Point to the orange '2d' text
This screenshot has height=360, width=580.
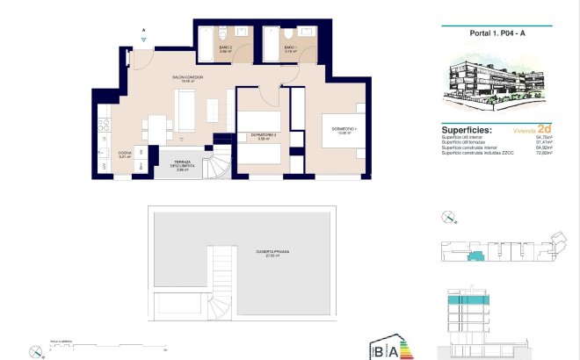pyautogui.click(x=544, y=126)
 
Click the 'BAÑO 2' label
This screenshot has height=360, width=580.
pyautogui.click(x=199, y=50)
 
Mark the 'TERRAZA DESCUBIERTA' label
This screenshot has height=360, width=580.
pyautogui.click(x=181, y=165)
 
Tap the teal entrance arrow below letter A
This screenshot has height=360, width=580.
pyautogui.click(x=143, y=40)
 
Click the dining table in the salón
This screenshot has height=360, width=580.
pyautogui.click(x=159, y=127)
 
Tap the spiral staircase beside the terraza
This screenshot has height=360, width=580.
pyautogui.click(x=218, y=165)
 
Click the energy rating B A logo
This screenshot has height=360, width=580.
pyautogui.click(x=392, y=349)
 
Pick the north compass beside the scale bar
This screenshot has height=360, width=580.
pyautogui.click(x=36, y=352)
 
